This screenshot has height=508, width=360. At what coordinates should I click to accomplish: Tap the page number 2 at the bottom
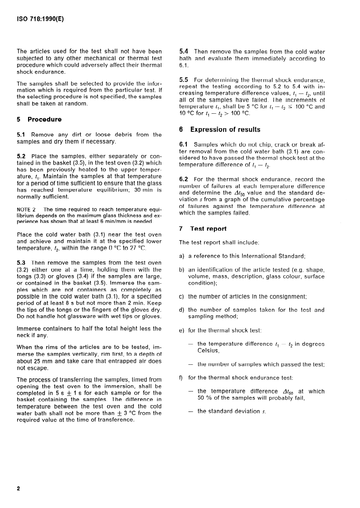(19, 489)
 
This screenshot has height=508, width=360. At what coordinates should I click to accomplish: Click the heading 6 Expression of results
(220, 130)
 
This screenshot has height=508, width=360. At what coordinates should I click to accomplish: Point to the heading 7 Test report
(203, 229)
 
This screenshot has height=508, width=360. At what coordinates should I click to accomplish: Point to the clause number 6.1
(185, 145)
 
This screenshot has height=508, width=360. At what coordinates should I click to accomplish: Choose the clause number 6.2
(185, 179)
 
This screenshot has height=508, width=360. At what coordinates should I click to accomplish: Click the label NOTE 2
(26, 209)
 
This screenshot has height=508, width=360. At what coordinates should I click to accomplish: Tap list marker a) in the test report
(182, 257)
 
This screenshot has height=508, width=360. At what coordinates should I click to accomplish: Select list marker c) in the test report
(182, 296)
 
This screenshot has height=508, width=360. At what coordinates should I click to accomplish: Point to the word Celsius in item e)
(208, 350)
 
